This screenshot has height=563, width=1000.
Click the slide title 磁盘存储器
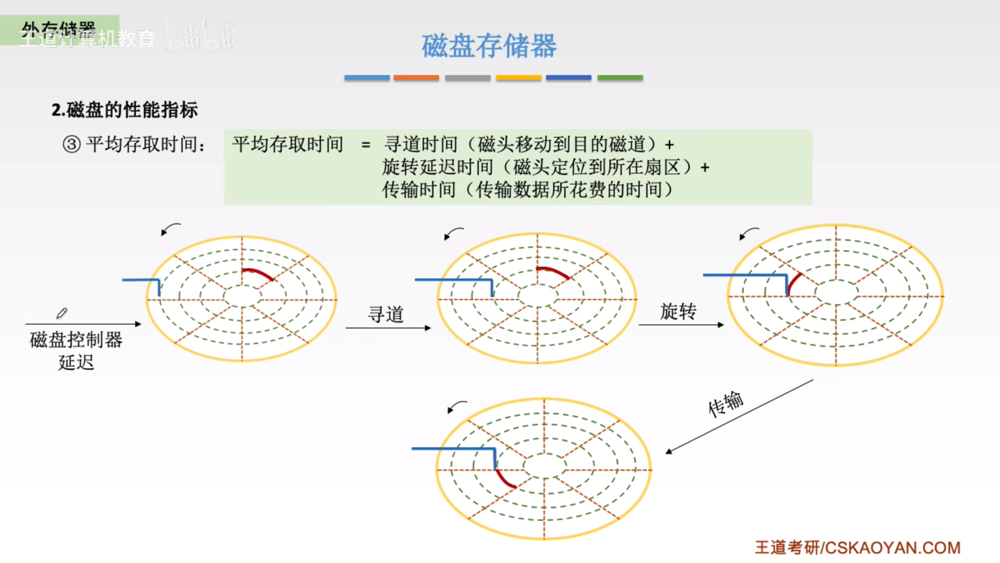[489, 46]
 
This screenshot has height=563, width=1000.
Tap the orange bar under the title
[416, 78]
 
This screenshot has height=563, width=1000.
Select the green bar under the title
[620, 78]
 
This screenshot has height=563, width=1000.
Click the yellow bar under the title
[518, 78]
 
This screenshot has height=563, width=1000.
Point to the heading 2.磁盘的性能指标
[125, 109]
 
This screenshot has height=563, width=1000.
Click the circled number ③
[71, 144]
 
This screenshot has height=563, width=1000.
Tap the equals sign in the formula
[366, 145]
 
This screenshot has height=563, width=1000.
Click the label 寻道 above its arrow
[386, 314]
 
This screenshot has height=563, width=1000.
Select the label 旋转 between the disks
[678, 312]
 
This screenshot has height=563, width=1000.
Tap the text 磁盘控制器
[76, 340]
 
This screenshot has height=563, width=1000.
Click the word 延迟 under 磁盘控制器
[76, 362]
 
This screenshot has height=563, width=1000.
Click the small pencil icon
[62, 313]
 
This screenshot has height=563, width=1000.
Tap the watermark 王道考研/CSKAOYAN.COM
[857, 548]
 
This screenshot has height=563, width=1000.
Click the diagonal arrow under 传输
[738, 416]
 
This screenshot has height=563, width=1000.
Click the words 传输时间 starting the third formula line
[419, 190]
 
